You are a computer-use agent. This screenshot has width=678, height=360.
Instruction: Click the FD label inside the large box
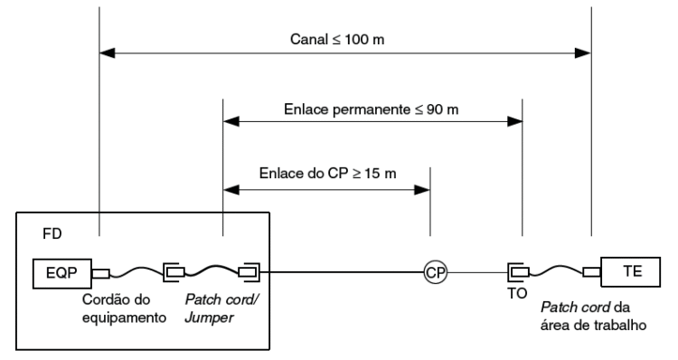pyautogui.click(x=53, y=234)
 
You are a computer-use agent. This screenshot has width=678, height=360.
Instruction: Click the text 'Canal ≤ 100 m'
pyautogui.click(x=344, y=40)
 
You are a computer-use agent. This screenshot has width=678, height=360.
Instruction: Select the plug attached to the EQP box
pyautogui.click(x=101, y=271)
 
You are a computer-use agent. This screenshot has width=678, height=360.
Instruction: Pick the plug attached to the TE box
pyautogui.click(x=592, y=271)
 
